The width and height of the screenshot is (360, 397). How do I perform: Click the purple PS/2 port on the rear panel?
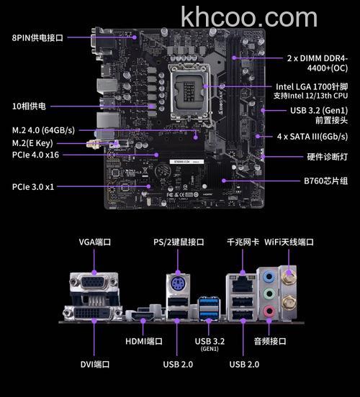(178, 284)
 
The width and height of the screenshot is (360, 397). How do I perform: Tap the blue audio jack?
(269, 277)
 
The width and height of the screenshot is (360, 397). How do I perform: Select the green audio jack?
(269, 294)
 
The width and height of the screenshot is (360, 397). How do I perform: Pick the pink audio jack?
(269, 311)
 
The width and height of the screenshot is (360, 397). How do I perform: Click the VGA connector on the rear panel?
(94, 282)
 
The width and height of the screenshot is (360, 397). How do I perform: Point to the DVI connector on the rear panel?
(93, 313)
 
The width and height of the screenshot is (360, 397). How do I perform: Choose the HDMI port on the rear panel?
(142, 316)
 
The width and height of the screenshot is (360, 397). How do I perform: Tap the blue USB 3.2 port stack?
(209, 308)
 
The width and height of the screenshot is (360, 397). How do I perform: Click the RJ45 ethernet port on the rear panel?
(243, 285)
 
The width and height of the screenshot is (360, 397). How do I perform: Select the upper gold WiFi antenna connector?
(289, 277)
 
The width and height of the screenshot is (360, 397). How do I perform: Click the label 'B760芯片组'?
(325, 181)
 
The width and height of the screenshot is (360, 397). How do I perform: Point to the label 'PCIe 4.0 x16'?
(35, 155)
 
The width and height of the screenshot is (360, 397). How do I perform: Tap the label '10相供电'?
(29, 106)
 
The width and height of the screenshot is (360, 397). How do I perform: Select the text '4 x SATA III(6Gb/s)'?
(312, 137)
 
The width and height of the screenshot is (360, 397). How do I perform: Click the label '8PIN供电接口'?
(37, 37)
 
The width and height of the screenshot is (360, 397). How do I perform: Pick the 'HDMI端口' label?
(144, 341)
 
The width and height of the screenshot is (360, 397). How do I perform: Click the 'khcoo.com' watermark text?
(249, 17)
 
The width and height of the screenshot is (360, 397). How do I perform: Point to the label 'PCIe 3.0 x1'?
(33, 187)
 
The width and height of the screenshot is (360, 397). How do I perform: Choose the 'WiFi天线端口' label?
(289, 242)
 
